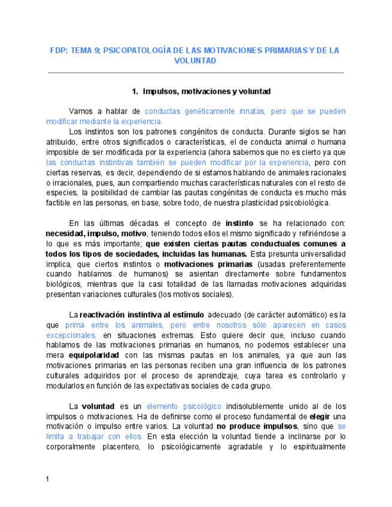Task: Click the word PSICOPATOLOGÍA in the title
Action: click(x=132, y=51)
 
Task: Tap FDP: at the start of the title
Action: click(x=59, y=51)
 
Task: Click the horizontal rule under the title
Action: click(x=196, y=72)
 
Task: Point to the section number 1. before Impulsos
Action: click(x=135, y=91)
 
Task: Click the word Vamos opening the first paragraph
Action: click(x=81, y=112)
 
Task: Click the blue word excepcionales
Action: click(x=71, y=335)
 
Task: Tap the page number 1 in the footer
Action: click(x=48, y=479)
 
